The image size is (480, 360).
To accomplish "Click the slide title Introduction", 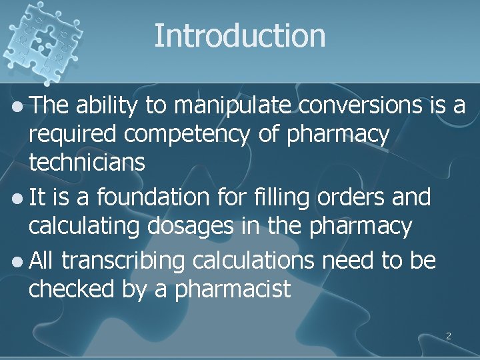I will pyautogui.click(x=240, y=35).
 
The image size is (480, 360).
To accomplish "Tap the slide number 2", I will pyautogui.click(x=448, y=336).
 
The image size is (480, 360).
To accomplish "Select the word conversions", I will pyautogui.click(x=355, y=104).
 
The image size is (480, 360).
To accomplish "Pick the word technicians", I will pyautogui.click(x=86, y=164).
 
